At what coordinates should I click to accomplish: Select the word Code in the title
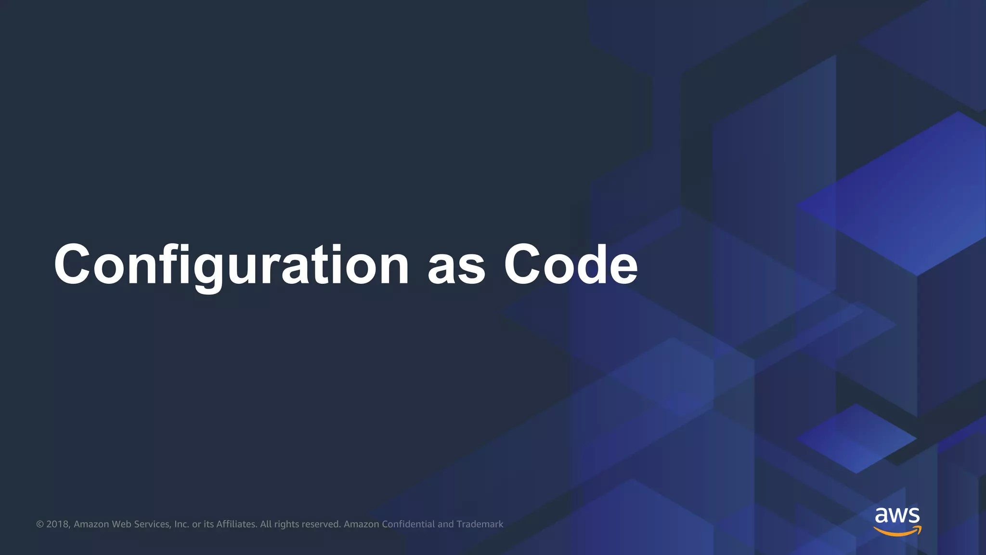click(571, 265)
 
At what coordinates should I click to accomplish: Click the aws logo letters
click(897, 515)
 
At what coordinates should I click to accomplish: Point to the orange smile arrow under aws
click(897, 531)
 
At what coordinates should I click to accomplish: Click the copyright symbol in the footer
click(40, 524)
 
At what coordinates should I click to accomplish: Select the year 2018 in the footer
click(58, 524)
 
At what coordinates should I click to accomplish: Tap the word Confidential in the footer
click(408, 524)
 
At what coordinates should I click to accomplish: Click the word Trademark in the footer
click(480, 524)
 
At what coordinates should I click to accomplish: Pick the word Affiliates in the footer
click(236, 524)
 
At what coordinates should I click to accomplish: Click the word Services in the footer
click(152, 524)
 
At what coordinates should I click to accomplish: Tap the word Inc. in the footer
click(182, 524)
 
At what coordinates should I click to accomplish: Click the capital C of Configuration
click(72, 265)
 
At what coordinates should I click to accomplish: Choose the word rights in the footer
click(286, 524)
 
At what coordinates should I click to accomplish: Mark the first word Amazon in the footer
click(91, 524)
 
